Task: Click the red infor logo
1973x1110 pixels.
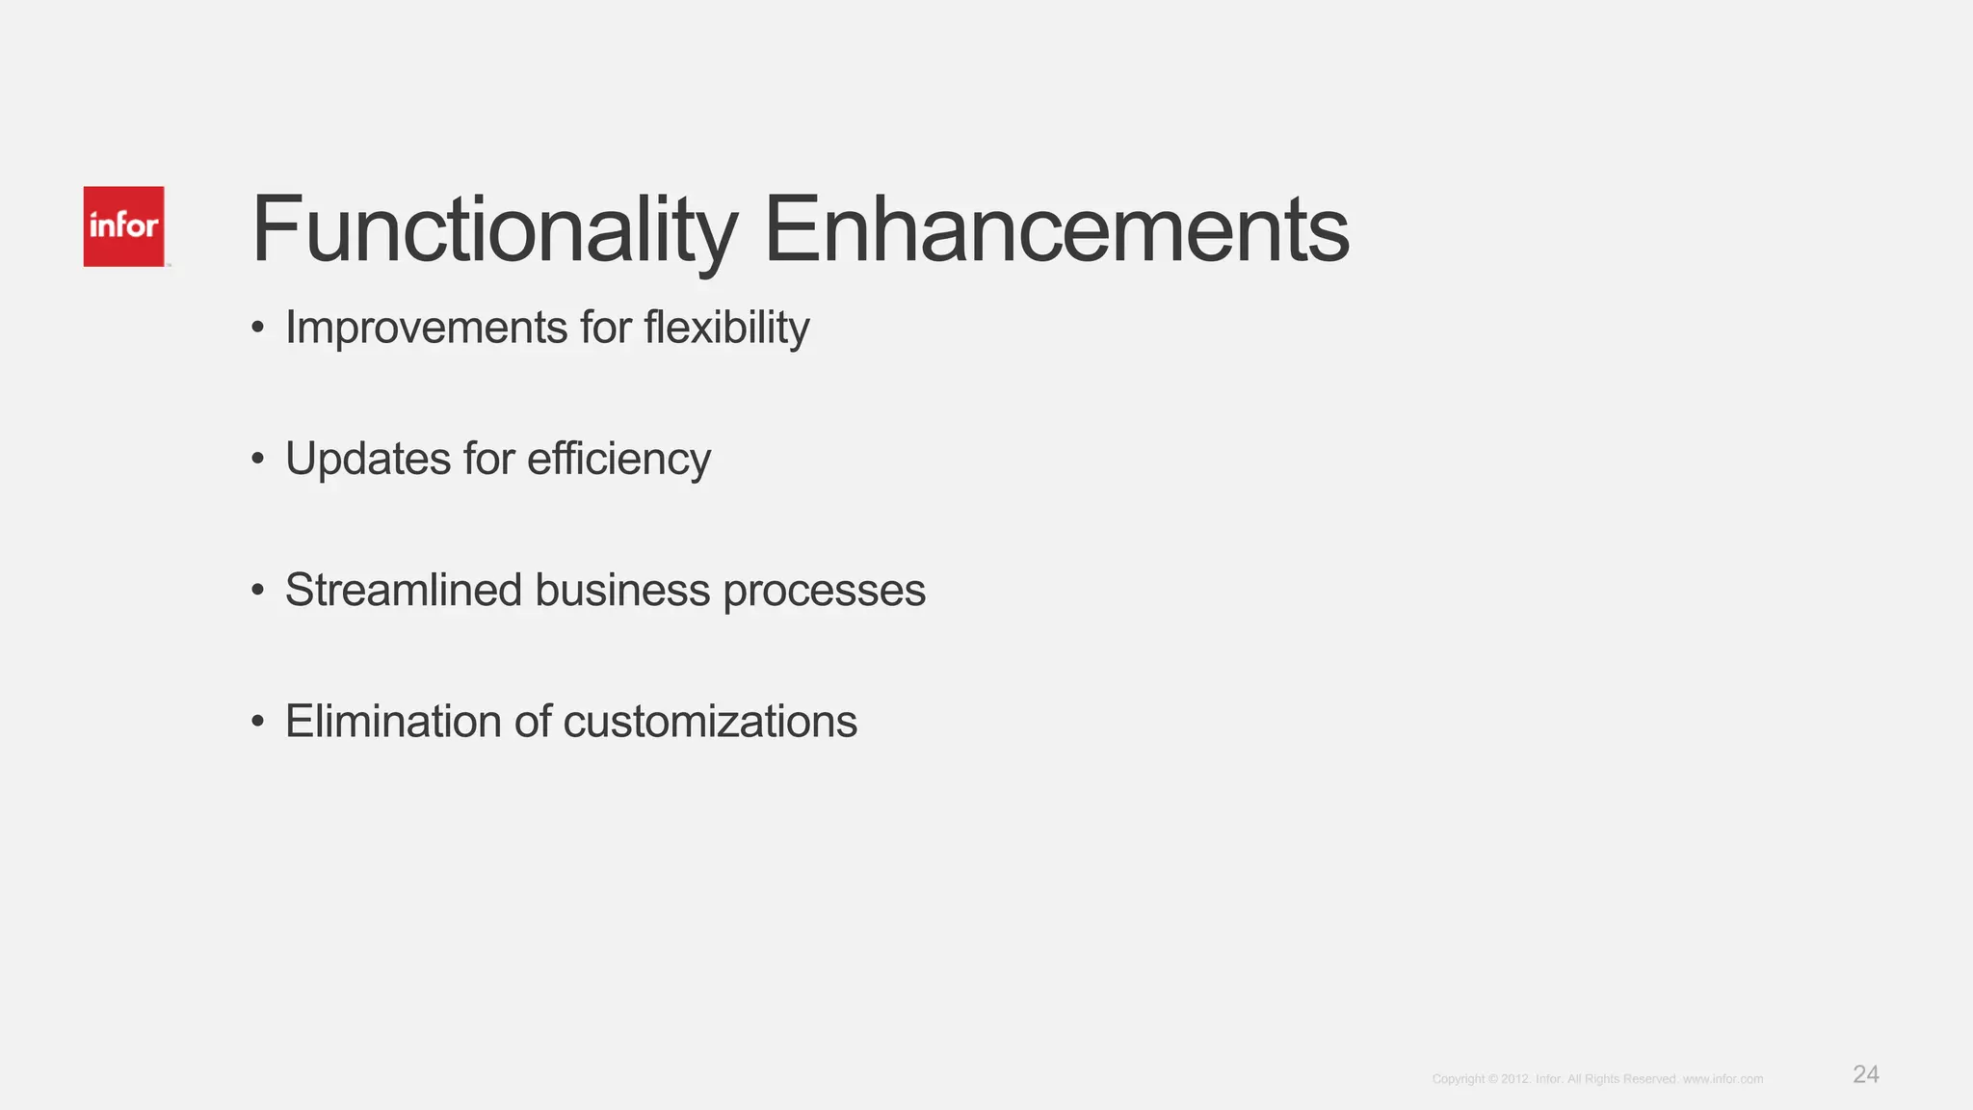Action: [x=123, y=226]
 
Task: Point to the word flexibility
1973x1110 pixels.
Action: [x=726, y=328]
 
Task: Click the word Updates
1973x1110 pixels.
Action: [x=367, y=459]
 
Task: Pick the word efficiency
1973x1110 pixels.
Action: [x=618, y=459]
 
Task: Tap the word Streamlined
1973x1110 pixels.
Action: [x=403, y=590]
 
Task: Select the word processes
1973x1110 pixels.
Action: [x=825, y=590]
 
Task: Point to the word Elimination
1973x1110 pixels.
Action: [x=393, y=721]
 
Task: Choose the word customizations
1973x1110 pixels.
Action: [x=710, y=721]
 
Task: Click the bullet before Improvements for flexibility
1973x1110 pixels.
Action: [x=257, y=329]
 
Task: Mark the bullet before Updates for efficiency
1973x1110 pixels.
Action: [x=257, y=460]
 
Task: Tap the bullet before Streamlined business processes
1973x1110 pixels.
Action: [x=257, y=591]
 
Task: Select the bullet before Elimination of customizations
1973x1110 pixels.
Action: [x=257, y=722]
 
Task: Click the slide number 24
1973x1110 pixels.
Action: [x=1865, y=1074]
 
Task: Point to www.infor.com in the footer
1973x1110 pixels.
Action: [x=1723, y=1079]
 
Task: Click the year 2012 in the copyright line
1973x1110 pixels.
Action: [x=1514, y=1079]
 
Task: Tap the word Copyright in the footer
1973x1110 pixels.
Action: [x=1458, y=1079]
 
